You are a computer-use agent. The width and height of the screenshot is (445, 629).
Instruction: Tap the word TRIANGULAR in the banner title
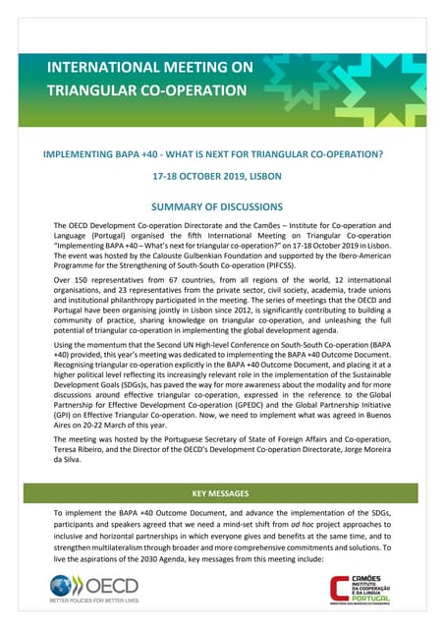click(89, 91)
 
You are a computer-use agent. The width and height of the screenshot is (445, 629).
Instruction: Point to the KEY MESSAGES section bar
click(222, 493)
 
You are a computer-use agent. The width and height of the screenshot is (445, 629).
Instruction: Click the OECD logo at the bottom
click(103, 587)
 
